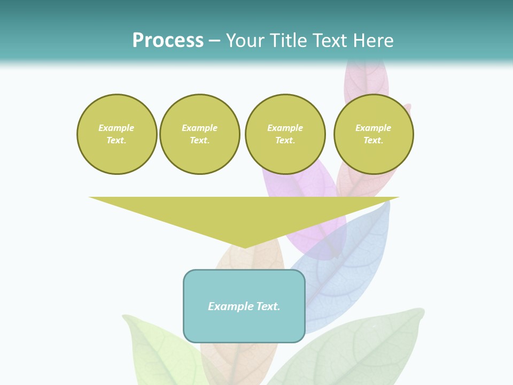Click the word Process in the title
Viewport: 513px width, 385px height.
pyautogui.click(x=168, y=41)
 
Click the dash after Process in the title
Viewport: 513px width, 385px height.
pyautogui.click(x=214, y=41)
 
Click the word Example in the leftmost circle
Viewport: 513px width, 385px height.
pyautogui.click(x=116, y=128)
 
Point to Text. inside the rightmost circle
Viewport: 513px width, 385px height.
pyautogui.click(x=373, y=141)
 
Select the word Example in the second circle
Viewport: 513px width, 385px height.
pyautogui.click(x=199, y=128)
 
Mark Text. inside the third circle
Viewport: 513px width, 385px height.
pyautogui.click(x=285, y=141)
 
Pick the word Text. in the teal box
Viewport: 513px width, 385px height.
pyautogui.click(x=269, y=306)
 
